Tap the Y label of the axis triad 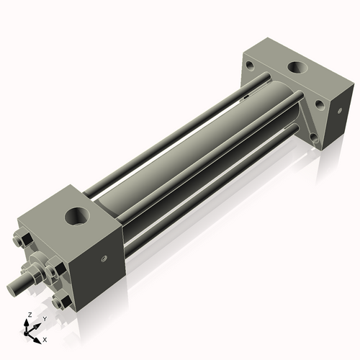point(44,318)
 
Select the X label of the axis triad point(45,338)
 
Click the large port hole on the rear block point(297,68)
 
